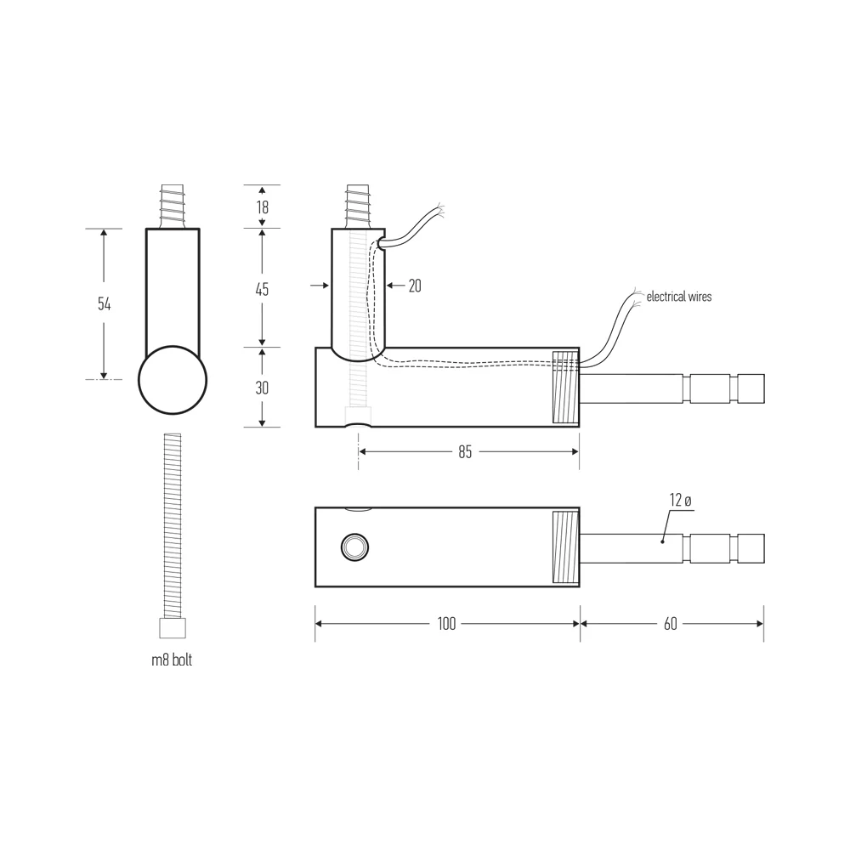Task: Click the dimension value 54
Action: (x=104, y=304)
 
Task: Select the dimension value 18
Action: (x=263, y=207)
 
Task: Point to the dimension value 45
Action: (x=262, y=290)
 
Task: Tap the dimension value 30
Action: (x=262, y=388)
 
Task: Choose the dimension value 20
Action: (x=415, y=286)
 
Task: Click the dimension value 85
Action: (x=465, y=451)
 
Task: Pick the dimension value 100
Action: (x=447, y=624)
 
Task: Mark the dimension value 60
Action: (x=671, y=624)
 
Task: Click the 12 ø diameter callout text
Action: (x=681, y=500)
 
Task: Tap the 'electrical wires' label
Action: (x=679, y=297)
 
